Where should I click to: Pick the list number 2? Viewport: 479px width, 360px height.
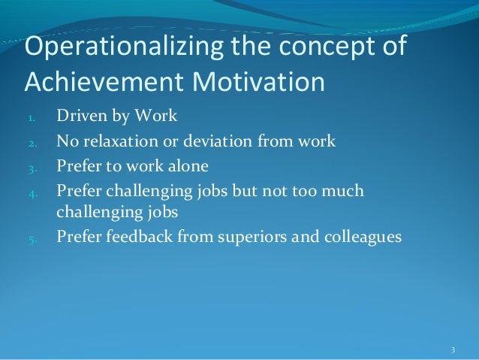[x=32, y=143]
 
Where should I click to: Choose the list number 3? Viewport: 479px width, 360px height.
[x=32, y=167]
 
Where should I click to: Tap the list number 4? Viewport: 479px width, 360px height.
[x=32, y=192]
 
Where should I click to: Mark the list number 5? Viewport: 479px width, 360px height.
[x=32, y=237]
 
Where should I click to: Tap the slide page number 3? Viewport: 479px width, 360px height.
[x=453, y=350]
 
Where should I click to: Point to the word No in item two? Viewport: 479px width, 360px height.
[x=67, y=142]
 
